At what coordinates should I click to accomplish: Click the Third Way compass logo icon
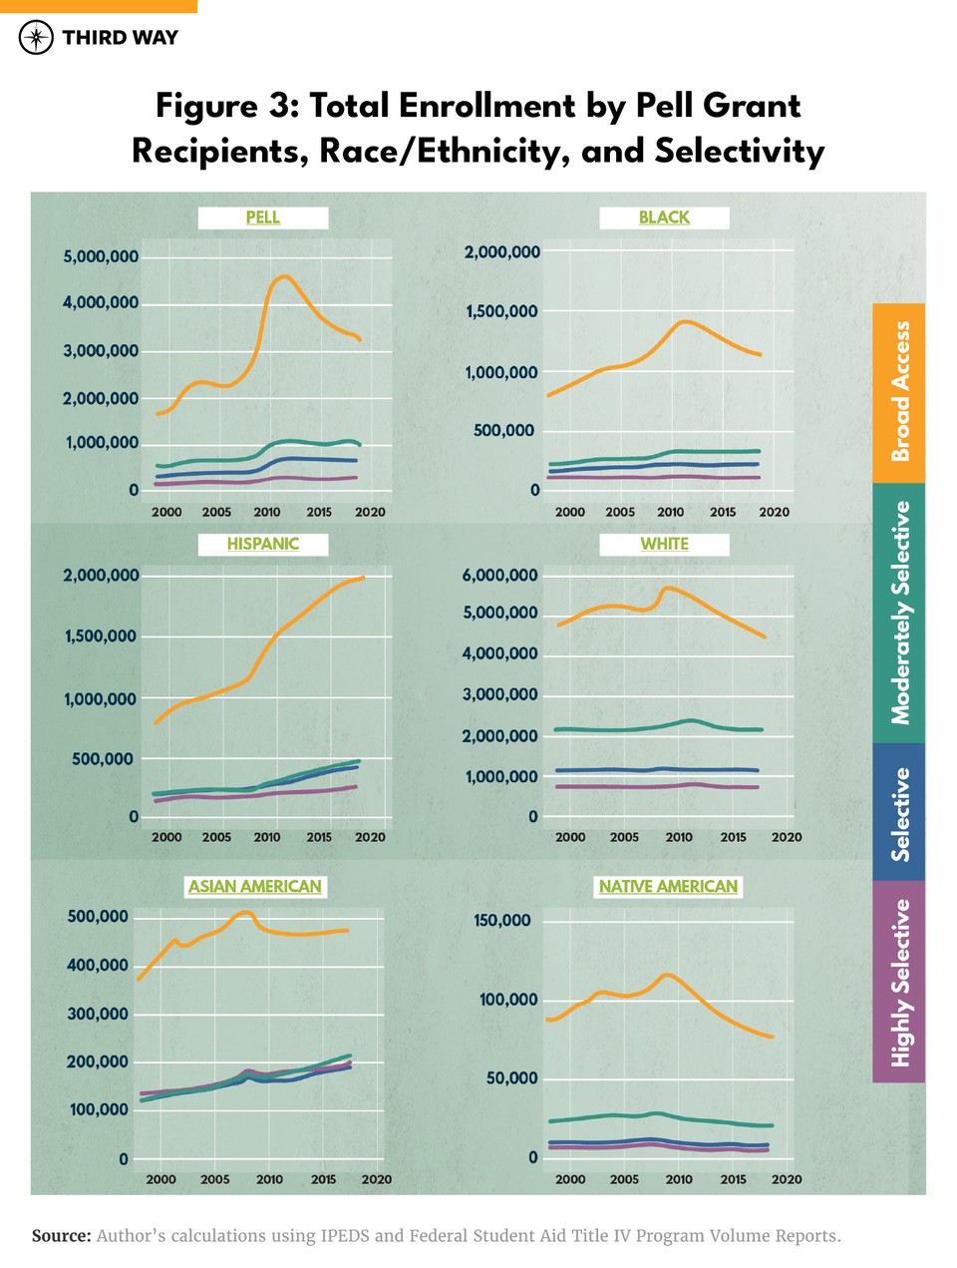[x=36, y=38]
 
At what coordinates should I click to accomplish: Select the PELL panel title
[x=263, y=217]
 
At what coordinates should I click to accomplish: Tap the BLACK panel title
[x=664, y=217]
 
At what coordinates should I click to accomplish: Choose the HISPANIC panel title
[x=263, y=544]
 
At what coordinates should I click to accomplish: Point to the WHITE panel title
[x=664, y=544]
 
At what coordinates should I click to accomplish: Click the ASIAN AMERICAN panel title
[x=255, y=886]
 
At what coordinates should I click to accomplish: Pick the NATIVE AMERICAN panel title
[x=668, y=886]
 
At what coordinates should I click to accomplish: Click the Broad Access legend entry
[x=899, y=393]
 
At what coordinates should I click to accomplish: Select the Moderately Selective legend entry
[x=899, y=613]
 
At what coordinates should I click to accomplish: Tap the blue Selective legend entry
[x=899, y=812]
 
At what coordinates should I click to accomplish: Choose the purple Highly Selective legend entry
[x=899, y=982]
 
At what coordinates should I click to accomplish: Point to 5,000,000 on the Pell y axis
[x=101, y=257]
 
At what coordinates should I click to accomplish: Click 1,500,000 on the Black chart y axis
[x=501, y=312]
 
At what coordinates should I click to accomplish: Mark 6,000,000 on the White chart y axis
[x=499, y=576]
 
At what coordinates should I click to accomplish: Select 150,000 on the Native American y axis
[x=501, y=920]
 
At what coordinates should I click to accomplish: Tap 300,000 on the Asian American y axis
[x=98, y=1014]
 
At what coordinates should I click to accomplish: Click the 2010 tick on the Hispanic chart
[x=267, y=837]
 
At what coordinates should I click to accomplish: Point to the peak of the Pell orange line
[x=285, y=276]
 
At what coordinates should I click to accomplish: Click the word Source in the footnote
[x=61, y=1236]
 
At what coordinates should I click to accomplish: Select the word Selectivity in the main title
[x=740, y=151]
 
